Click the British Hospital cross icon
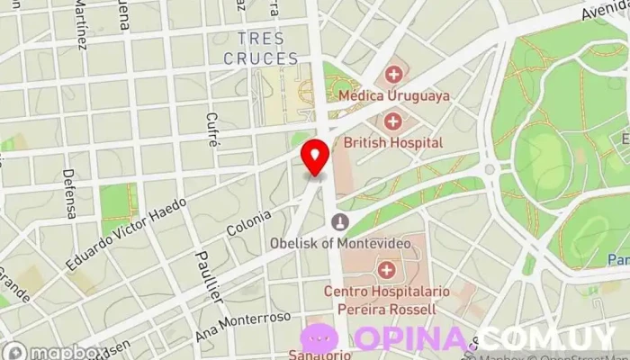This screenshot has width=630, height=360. click(x=393, y=121)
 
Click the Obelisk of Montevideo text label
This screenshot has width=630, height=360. click(x=340, y=243)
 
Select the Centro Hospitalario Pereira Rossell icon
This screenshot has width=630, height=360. click(x=387, y=269)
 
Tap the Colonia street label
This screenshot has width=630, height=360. click(x=248, y=224)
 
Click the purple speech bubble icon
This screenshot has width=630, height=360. click(x=319, y=339)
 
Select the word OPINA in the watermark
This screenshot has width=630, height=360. click(x=413, y=339)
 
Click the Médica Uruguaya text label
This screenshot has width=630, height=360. click(x=393, y=94)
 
